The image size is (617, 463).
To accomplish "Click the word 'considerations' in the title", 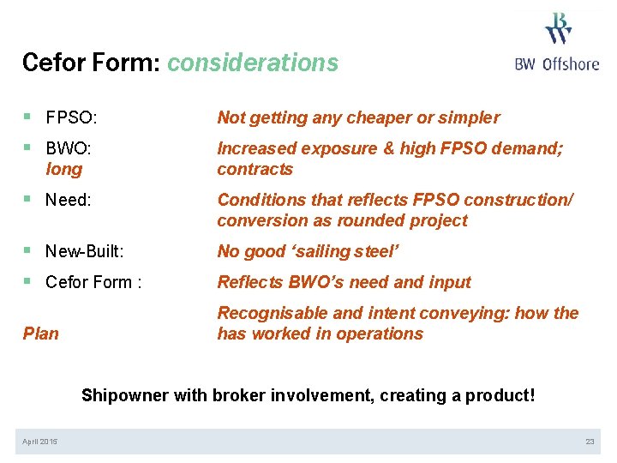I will tap(253, 63).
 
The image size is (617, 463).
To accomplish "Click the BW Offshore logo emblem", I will tap(558, 27).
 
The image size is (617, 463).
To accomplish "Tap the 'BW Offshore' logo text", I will tap(557, 63).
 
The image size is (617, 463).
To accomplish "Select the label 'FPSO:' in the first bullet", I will tap(71, 117).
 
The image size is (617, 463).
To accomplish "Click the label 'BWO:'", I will tap(69, 148).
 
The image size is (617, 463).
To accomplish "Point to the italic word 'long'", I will tap(64, 169).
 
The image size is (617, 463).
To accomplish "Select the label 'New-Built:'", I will tap(85, 251).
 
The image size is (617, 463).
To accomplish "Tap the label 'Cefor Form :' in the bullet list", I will tap(93, 282).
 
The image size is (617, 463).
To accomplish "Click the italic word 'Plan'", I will tap(40, 334).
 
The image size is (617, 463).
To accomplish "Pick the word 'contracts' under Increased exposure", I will tap(255, 169).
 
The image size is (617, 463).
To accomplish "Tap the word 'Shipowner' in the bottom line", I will tap(125, 395).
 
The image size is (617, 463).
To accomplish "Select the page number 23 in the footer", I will tap(590, 442).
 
